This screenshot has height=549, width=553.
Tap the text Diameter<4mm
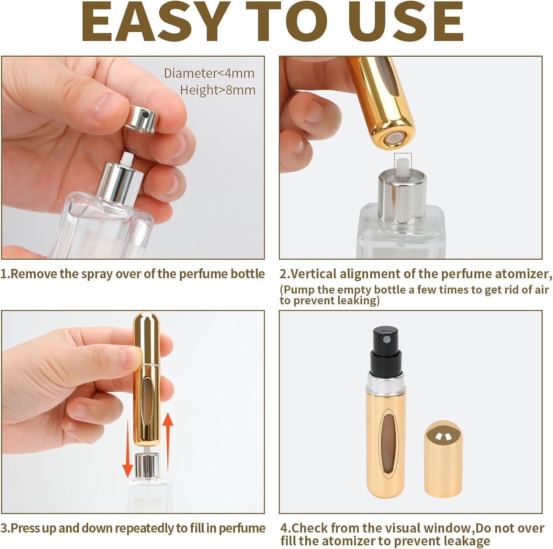click(209, 73)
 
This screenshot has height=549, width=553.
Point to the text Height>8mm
click(218, 90)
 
